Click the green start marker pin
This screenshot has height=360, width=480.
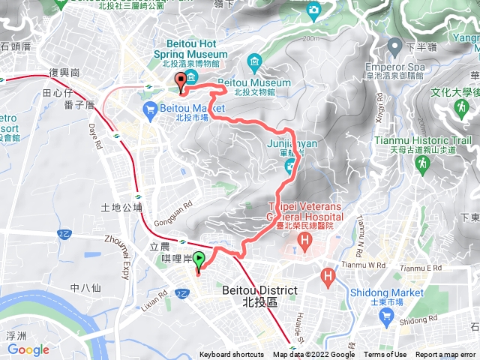tap(199, 261)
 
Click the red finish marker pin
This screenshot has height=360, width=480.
tap(180, 82)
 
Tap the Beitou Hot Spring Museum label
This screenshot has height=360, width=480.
tap(190, 49)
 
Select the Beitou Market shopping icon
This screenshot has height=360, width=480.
tap(149, 111)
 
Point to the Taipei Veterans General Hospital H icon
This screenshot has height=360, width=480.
tap(305, 241)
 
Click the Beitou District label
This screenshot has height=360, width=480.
tap(260, 291)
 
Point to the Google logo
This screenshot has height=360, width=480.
tap(28, 349)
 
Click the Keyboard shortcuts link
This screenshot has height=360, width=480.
tap(232, 355)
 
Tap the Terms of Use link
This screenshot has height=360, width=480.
tap(385, 355)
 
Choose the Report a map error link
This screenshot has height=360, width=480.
tap(445, 355)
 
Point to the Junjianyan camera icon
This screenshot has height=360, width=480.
tap(289, 163)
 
